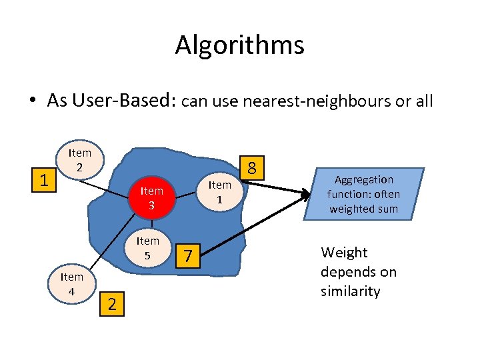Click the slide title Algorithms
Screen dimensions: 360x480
239,45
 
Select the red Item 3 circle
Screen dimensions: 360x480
151,198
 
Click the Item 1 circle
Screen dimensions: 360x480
219,191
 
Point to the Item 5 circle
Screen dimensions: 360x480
148,247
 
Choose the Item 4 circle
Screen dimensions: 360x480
71,283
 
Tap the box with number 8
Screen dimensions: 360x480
253,167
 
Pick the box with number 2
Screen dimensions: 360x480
112,304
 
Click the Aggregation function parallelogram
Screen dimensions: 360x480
363,194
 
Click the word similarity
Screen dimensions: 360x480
350,291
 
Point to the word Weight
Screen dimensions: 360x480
344,253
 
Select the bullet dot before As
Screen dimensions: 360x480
32,101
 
